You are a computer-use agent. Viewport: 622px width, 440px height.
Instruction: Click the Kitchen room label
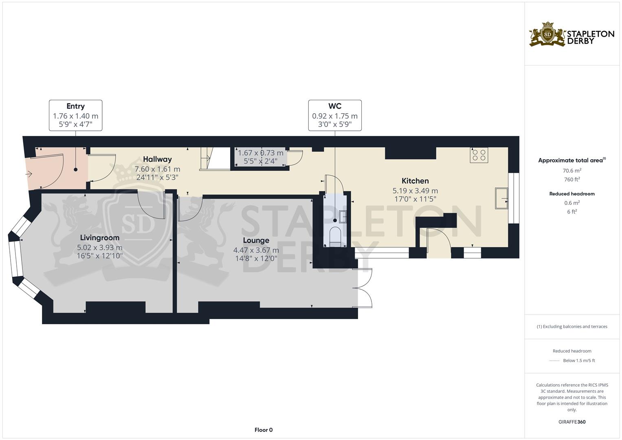(x=415, y=181)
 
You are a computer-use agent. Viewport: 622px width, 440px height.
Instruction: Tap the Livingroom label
(x=100, y=238)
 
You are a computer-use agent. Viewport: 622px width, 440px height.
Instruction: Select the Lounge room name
(x=256, y=240)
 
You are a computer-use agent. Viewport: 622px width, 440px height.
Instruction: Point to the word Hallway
(x=157, y=159)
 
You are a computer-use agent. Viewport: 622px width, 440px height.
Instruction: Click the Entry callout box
(x=75, y=115)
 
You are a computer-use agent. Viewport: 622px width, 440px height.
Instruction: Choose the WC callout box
(x=335, y=115)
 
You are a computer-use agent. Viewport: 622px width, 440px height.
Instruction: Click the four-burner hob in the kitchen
(x=479, y=155)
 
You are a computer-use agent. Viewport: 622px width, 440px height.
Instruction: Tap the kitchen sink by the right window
(x=501, y=198)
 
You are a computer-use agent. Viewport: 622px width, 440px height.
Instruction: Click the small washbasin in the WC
(x=343, y=217)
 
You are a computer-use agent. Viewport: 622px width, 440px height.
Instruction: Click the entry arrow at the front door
(x=29, y=174)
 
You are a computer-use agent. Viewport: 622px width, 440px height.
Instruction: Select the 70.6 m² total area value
(x=572, y=171)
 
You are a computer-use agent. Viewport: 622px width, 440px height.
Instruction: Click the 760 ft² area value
(x=572, y=179)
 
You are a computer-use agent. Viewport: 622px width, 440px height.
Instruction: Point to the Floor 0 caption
(x=264, y=430)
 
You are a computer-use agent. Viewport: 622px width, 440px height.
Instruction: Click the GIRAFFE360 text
(x=572, y=422)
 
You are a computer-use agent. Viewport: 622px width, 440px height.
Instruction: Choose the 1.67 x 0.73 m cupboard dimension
(x=260, y=153)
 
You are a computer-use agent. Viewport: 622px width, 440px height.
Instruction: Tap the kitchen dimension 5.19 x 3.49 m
(x=415, y=191)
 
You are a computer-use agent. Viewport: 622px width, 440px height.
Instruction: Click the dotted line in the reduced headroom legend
(x=554, y=361)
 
